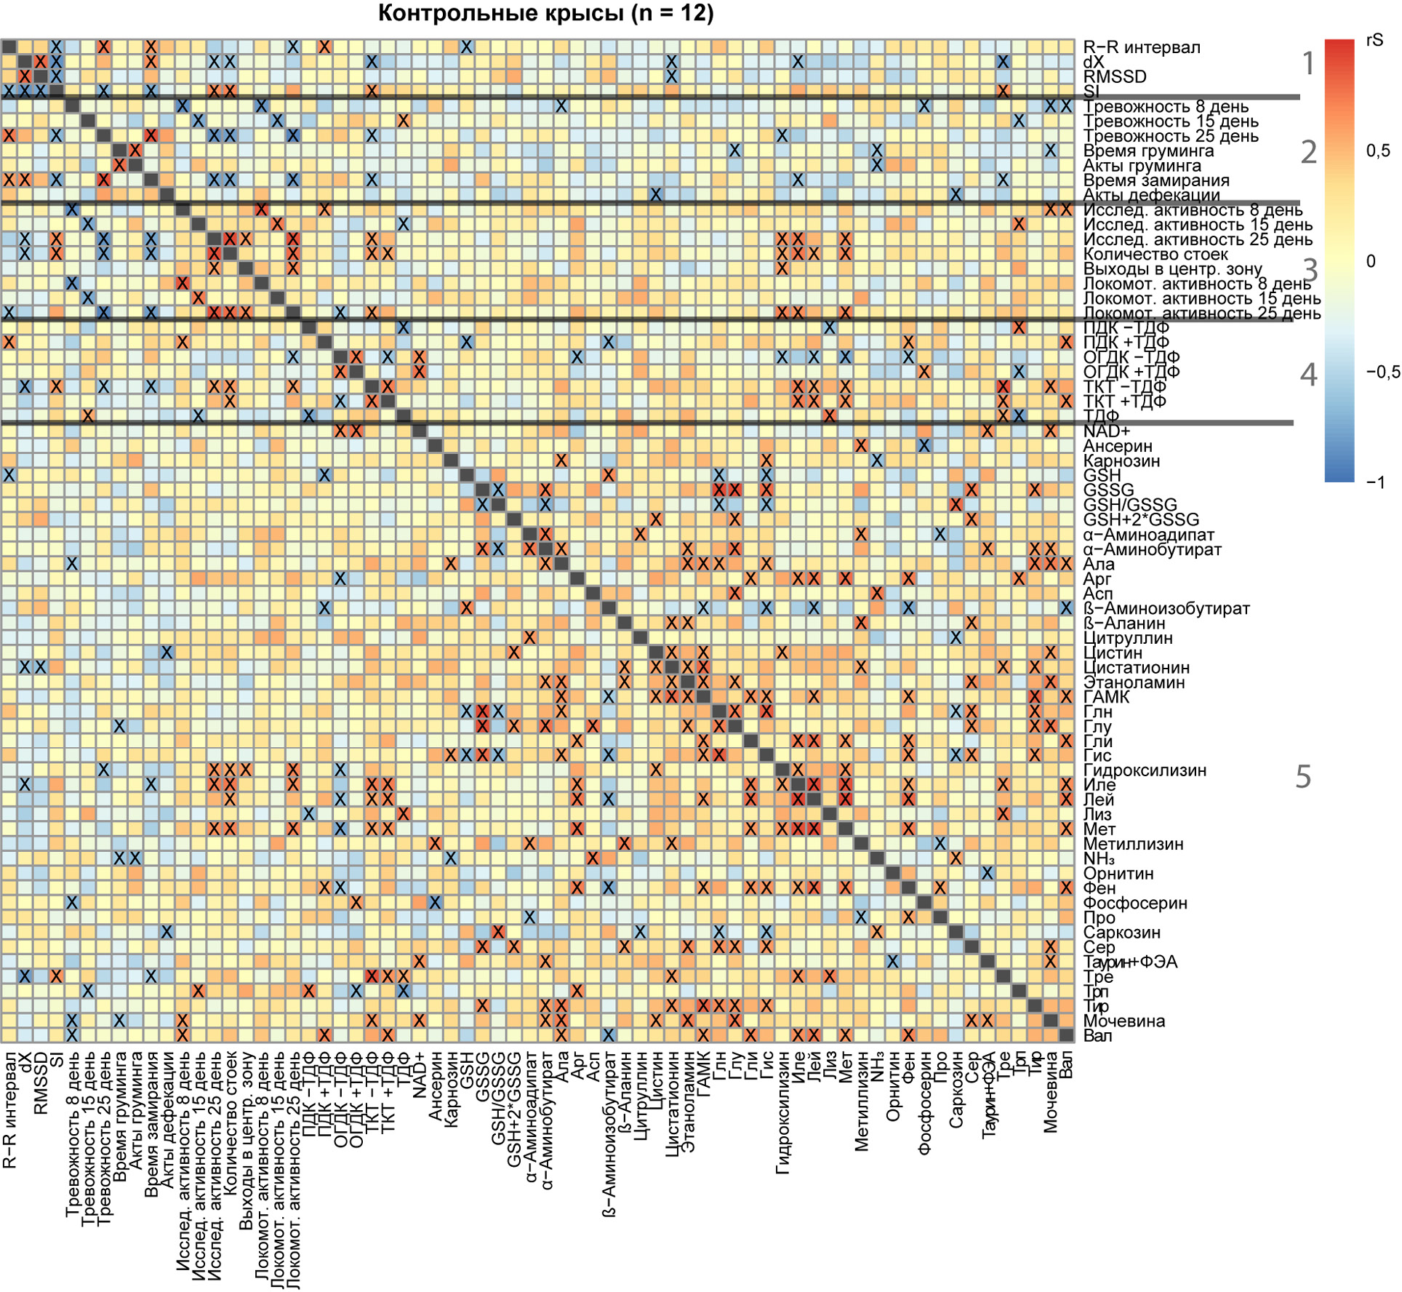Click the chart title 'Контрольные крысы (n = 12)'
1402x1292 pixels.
tap(545, 13)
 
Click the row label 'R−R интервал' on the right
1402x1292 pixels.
tap(1142, 47)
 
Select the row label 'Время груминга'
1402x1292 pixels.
tap(1148, 151)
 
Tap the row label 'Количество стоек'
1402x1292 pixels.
tap(1155, 255)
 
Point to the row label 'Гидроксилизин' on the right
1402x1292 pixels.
tap(1145, 770)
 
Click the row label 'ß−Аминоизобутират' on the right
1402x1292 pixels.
tap(1166, 609)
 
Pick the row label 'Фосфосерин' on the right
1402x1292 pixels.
tap(1135, 904)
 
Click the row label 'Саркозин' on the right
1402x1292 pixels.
tap(1122, 933)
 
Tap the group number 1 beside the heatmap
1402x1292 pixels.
tap(1309, 64)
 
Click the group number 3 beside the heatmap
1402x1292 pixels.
tap(1310, 271)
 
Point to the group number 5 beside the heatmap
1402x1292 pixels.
tap(1304, 777)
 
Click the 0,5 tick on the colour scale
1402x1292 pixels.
tap(1378, 151)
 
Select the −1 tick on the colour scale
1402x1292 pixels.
tap(1376, 482)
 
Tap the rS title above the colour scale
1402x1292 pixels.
tap(1374, 40)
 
